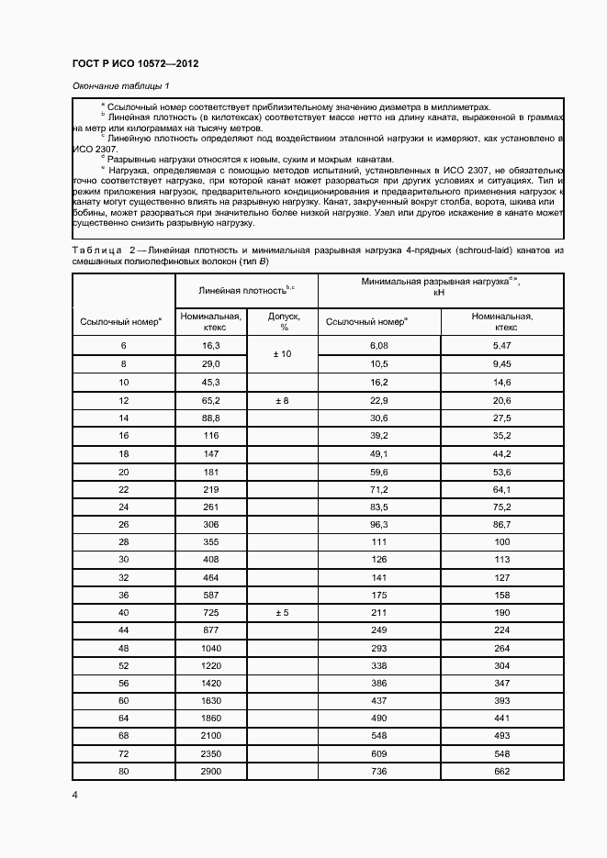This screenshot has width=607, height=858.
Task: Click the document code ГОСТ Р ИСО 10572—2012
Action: tap(135, 63)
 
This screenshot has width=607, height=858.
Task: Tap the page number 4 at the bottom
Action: tap(75, 795)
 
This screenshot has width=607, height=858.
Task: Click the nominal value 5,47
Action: tap(501, 345)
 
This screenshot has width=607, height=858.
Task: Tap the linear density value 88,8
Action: tap(210, 418)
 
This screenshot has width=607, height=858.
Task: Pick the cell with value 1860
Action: tap(210, 717)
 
